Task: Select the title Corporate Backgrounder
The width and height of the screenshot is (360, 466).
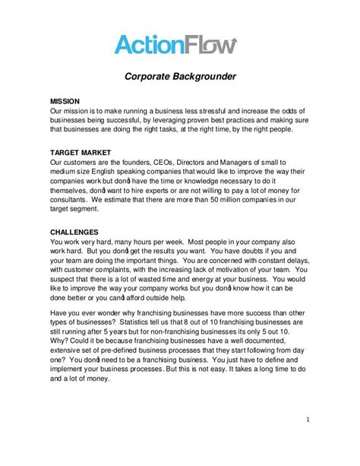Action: (x=179, y=76)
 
